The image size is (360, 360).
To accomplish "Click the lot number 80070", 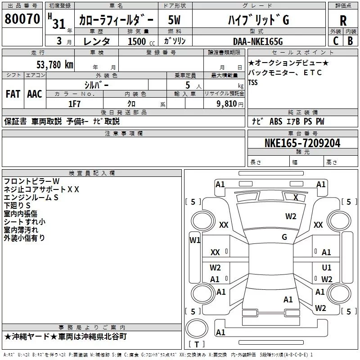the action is pyautogui.click(x=22, y=19).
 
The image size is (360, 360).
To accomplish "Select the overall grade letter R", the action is pyautogui.click(x=343, y=21).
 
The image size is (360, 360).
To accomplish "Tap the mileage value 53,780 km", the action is pyautogui.click(x=55, y=65).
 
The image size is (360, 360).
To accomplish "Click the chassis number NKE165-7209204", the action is pyautogui.click(x=302, y=143).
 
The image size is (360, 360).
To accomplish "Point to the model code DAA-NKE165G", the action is pyautogui.click(x=258, y=41).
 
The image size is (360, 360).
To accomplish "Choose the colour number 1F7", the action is pyautogui.click(x=74, y=104).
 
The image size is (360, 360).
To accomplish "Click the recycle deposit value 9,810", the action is pyautogui.click(x=227, y=104).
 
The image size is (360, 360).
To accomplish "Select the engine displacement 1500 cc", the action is pyautogui.click(x=141, y=41).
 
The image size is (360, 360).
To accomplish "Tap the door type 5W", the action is pyautogui.click(x=174, y=20).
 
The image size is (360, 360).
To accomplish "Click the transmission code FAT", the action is pyautogui.click(x=13, y=94).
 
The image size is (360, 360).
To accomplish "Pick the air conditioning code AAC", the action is pyautogui.click(x=35, y=94).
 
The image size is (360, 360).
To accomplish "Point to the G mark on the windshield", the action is pyautogui.click(x=284, y=237).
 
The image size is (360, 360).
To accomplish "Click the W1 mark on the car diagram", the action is pyautogui.click(x=195, y=240).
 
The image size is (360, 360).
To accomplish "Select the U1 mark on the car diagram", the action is pyautogui.click(x=327, y=267).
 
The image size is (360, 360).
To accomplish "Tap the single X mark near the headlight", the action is pyautogui.click(x=296, y=198).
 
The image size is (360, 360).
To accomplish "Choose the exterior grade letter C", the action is pyautogui.click(x=336, y=41).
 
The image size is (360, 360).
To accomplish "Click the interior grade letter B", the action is pyautogui.click(x=350, y=41).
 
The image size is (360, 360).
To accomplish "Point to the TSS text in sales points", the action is pyautogui.click(x=253, y=82).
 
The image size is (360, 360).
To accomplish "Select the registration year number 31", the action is pyautogui.click(x=59, y=24).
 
